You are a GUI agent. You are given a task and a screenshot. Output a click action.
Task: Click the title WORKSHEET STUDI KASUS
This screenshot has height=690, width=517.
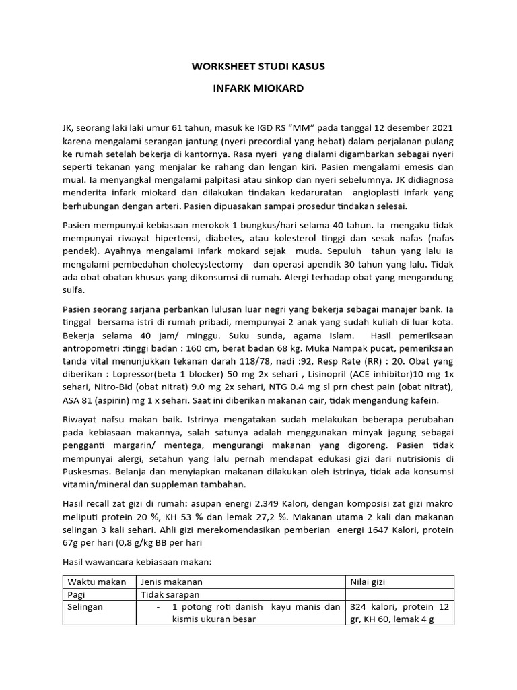coord(258,67)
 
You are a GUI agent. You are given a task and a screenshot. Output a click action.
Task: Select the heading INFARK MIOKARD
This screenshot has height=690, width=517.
coord(258,89)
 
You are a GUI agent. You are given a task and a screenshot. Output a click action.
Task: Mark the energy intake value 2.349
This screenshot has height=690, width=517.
coord(267,505)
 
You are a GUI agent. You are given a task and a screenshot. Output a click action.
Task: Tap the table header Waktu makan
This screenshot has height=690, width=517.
coord(93,582)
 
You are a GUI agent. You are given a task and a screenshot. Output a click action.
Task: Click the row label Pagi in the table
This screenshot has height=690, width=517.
coord(78,595)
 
